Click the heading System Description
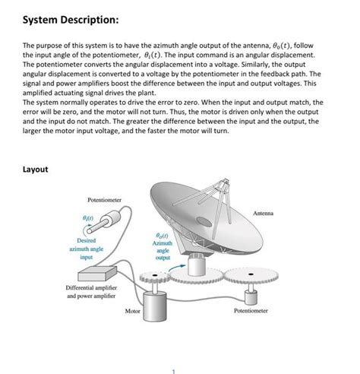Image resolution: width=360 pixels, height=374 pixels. click(71, 20)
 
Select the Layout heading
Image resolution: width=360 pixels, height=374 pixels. click(35, 170)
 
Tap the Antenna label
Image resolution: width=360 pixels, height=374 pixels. click(264, 214)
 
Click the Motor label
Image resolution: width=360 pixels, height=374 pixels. click(132, 311)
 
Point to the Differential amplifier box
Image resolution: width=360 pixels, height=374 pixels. click(97, 273)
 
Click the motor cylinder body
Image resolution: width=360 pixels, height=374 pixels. click(155, 306)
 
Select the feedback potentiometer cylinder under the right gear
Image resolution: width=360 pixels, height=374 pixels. click(251, 297)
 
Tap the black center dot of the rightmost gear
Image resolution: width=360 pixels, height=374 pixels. click(251, 274)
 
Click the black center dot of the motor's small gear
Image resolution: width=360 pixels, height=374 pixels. click(155, 275)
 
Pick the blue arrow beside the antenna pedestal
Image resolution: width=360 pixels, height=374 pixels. click(177, 268)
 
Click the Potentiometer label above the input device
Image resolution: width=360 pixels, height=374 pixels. click(104, 200)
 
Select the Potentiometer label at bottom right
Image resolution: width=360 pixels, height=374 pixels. click(251, 311)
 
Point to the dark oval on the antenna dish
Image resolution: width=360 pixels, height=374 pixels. click(204, 222)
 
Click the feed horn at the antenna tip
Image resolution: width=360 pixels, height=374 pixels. click(225, 182)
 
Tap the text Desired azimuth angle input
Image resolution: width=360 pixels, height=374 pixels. click(87, 249)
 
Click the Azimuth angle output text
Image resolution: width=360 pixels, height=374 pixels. click(163, 246)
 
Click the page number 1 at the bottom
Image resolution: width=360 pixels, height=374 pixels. click(174, 372)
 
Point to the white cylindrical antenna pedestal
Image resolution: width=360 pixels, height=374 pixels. click(197, 265)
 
